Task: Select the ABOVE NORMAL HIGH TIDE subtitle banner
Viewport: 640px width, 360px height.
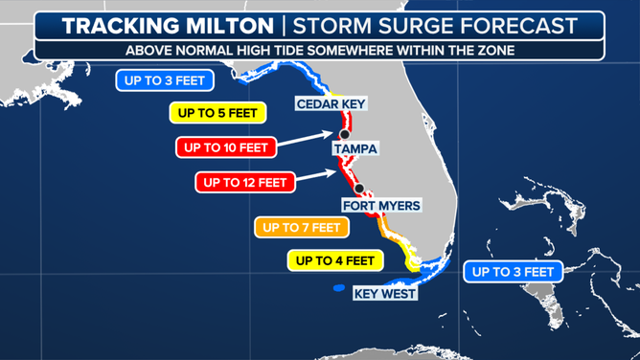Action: (x=319, y=51)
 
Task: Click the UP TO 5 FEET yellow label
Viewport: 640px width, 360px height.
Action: (x=217, y=112)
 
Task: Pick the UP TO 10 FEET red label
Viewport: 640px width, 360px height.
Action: (x=226, y=146)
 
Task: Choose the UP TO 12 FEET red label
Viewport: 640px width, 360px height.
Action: (x=245, y=181)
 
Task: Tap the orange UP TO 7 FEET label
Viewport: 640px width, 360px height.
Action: (x=301, y=227)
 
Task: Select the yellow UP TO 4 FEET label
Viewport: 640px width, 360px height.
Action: (x=335, y=259)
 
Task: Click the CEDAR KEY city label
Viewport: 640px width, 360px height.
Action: (x=331, y=103)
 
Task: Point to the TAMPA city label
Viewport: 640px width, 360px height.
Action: (x=355, y=148)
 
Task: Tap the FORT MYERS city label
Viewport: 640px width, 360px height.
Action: (x=380, y=205)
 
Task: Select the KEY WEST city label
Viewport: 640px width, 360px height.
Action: (x=385, y=293)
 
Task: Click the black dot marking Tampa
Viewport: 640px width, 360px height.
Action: (x=343, y=135)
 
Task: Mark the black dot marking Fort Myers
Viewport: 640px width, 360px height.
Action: (x=361, y=189)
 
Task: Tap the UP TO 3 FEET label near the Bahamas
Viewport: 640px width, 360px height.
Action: (x=512, y=272)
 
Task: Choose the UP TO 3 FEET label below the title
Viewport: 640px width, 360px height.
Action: (x=163, y=80)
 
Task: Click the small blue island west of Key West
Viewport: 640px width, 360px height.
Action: (x=337, y=289)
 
